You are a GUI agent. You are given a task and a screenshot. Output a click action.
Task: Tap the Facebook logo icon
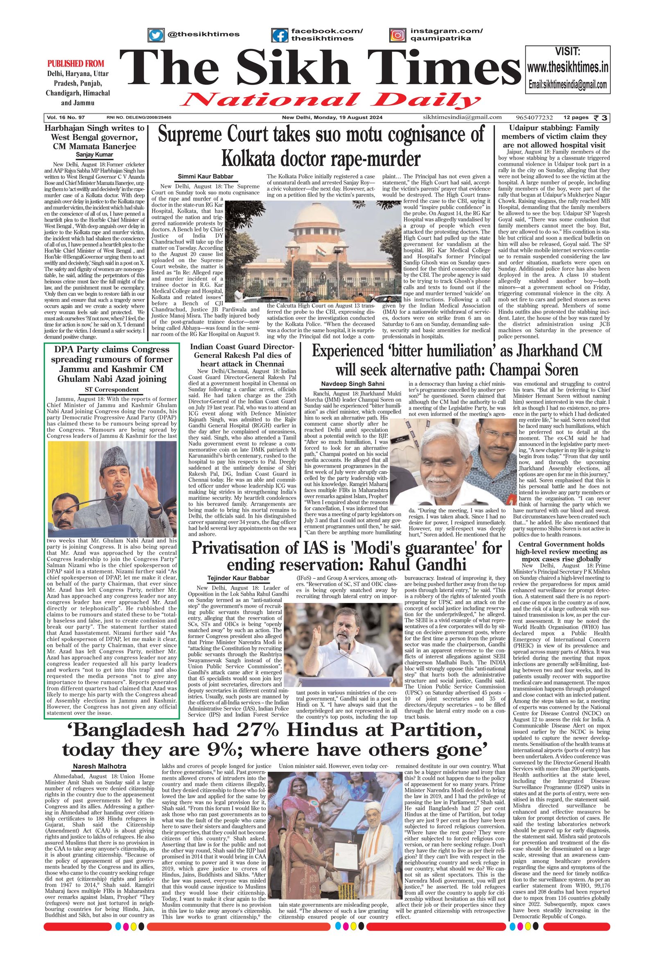(280, 35)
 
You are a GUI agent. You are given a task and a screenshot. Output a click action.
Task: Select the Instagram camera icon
(397, 35)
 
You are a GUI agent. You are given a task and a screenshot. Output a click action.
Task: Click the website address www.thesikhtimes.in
(567, 67)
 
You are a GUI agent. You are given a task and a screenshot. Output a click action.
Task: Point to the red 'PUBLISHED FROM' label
(76, 63)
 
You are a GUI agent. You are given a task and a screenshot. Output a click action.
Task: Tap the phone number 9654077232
(534, 117)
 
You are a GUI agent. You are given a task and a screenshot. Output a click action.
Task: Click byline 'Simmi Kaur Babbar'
(205, 177)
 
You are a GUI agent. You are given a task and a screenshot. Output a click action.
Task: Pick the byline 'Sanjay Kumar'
(95, 155)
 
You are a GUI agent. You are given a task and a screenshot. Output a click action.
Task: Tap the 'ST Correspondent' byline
(112, 389)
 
